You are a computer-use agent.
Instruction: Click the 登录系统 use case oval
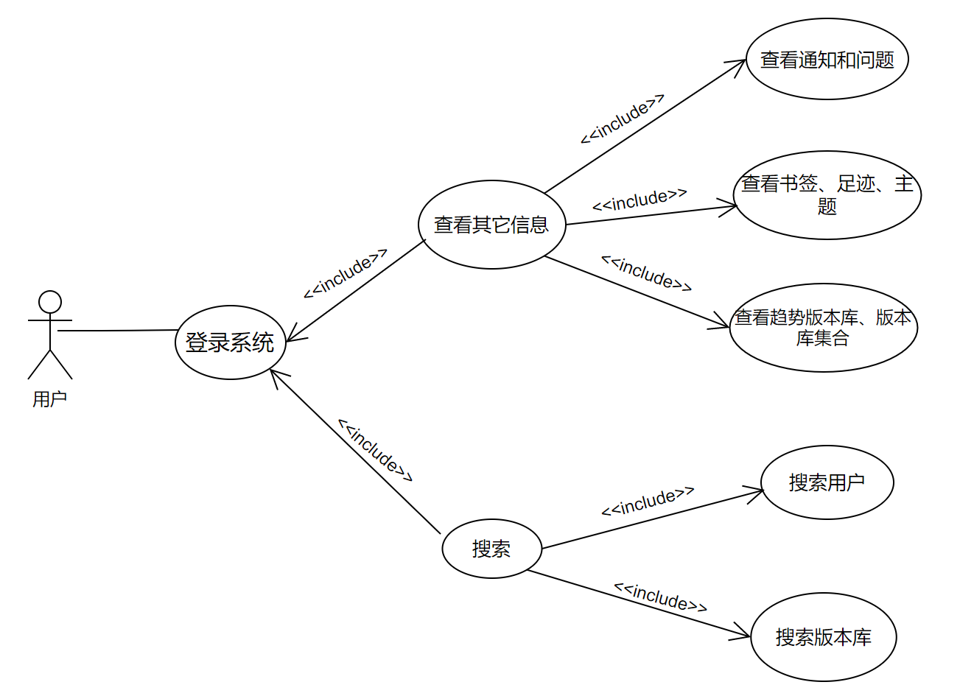click(x=230, y=342)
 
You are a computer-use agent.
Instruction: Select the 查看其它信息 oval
click(x=491, y=225)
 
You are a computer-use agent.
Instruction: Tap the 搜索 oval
click(x=491, y=549)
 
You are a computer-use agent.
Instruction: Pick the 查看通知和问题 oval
click(x=827, y=59)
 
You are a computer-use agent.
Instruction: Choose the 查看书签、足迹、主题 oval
click(x=827, y=195)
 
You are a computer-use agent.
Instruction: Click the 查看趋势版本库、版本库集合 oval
click(x=823, y=328)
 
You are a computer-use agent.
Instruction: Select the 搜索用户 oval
click(x=827, y=482)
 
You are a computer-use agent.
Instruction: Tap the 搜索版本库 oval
click(x=823, y=637)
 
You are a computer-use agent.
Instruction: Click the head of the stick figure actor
click(x=50, y=302)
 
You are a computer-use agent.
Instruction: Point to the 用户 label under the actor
click(x=50, y=399)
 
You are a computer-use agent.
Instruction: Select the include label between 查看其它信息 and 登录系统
click(x=345, y=273)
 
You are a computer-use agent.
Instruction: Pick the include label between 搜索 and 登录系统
click(x=375, y=450)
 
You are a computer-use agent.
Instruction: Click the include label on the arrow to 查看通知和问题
click(x=623, y=119)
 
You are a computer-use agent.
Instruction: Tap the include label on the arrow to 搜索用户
click(x=648, y=502)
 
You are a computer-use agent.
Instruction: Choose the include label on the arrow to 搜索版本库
click(x=660, y=597)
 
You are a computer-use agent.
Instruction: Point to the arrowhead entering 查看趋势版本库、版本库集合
click(x=722, y=323)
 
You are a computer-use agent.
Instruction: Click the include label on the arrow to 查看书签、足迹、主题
click(x=640, y=200)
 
